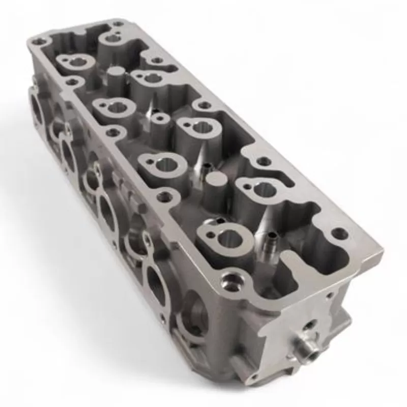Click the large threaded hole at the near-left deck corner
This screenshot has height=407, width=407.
click(x=231, y=281)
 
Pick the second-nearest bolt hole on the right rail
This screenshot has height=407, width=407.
click(x=263, y=161)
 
